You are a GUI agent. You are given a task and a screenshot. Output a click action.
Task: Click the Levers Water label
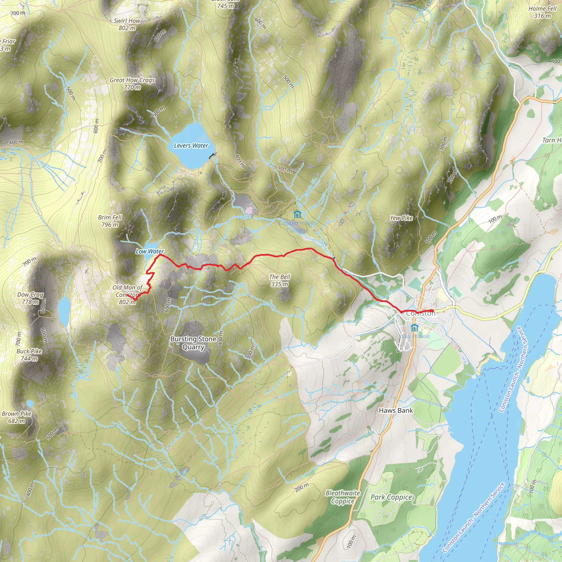tap(191, 146)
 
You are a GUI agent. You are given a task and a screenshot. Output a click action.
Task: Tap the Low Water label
tap(150, 251)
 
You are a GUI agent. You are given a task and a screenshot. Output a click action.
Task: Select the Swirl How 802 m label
tap(127, 24)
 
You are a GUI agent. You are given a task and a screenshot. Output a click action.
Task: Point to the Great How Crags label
tap(132, 84)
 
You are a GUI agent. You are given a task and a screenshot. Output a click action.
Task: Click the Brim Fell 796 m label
tap(110, 221)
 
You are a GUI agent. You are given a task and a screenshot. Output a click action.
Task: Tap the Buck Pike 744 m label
tap(29, 355)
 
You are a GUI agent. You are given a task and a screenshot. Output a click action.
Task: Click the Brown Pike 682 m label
tap(16, 417)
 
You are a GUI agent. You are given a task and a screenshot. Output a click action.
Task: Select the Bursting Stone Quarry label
tap(193, 343)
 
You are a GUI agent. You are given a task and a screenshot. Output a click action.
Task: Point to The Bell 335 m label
tap(280, 280)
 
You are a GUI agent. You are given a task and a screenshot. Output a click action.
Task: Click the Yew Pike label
tap(401, 218)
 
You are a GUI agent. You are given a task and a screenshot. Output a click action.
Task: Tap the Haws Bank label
tap(396, 411)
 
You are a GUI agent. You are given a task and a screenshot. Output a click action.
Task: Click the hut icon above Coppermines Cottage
tap(297, 215)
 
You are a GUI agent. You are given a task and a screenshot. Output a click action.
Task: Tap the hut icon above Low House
tap(414, 328)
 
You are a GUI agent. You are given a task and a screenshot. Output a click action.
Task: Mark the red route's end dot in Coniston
tap(432, 311)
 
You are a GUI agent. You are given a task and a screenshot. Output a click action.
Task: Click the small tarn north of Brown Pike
tap(30, 403)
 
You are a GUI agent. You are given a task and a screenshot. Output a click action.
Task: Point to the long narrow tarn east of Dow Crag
tap(64, 311)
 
